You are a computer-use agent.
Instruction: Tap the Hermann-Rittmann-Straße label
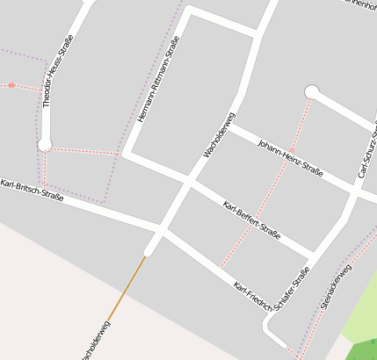point(159,79)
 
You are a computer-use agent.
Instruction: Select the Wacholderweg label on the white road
point(220,134)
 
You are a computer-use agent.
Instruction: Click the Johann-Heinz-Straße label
point(291,157)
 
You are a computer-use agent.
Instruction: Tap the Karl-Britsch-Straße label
point(33,191)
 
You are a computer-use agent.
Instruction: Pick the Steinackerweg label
point(336,286)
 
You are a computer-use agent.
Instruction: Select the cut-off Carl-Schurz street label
point(367,150)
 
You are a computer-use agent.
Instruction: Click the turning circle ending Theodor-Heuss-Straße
point(45,144)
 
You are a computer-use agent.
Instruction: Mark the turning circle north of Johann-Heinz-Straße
point(311,91)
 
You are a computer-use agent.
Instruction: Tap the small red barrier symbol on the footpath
point(11,85)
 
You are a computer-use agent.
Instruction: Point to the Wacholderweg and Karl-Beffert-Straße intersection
point(188,182)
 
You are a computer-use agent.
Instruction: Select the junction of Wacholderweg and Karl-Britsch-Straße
point(160,229)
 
